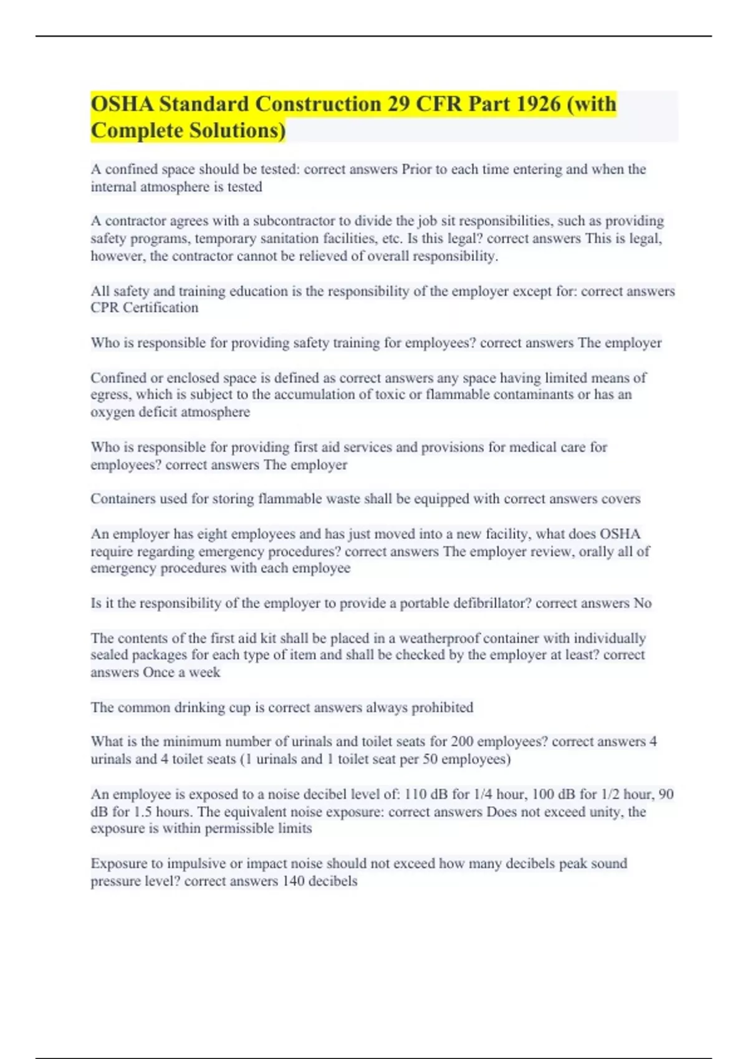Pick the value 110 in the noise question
coord(416,795)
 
